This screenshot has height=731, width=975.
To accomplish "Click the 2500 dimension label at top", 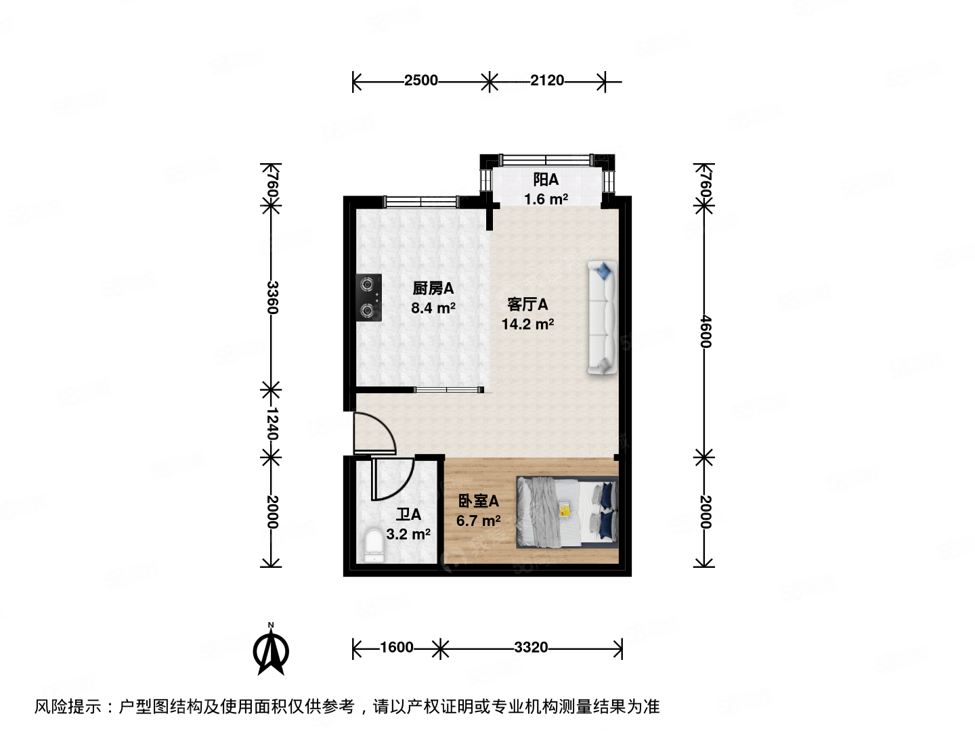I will coord(420,81).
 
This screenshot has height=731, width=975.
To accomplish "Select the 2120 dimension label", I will coord(546,81).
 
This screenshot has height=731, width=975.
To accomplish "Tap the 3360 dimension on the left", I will coord(272,297).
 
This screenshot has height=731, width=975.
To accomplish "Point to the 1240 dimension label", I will coord(272,423).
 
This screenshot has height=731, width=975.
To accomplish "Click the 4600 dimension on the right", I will coord(705,331).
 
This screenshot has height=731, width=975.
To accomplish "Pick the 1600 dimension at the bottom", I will coord(396,648).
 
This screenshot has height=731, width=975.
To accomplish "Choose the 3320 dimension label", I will coord(531,648).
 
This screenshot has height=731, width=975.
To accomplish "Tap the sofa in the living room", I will coord(602,317).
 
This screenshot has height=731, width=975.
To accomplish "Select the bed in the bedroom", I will coord(567,511).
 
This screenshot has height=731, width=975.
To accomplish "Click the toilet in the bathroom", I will coord(373,545).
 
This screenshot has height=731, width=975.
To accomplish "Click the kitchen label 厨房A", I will coord(433,288).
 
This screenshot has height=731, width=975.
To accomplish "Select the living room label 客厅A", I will coord(527,305).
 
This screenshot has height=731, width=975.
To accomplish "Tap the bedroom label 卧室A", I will coord(479,501).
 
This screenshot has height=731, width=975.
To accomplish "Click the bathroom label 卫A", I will coord(408,514).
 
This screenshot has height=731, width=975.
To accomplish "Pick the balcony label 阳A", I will coord(546,180).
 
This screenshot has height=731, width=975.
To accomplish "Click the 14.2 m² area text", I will coord(527,324).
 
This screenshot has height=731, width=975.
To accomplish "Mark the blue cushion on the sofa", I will coord(604,271).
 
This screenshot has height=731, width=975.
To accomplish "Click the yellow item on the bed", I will coord(564,510).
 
